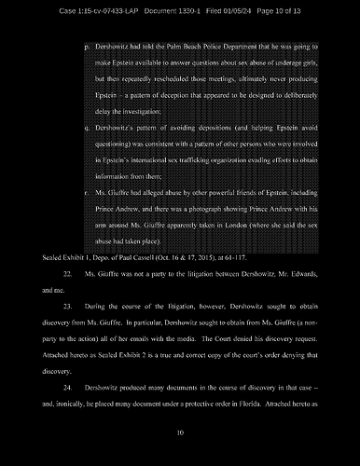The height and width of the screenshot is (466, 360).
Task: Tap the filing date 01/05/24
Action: click(248, 9)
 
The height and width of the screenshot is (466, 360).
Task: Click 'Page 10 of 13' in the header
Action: click(302, 9)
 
